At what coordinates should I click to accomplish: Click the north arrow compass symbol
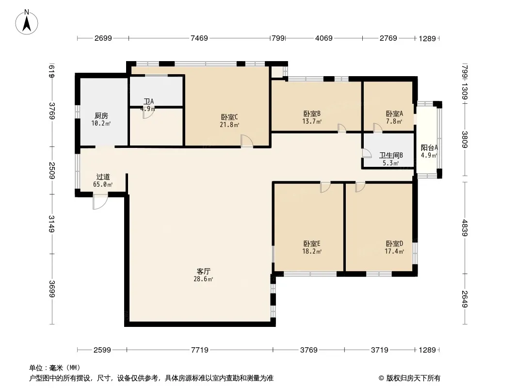click(x=27, y=22)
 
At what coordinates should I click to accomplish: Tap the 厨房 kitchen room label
click(x=101, y=116)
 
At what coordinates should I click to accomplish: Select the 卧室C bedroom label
click(x=229, y=117)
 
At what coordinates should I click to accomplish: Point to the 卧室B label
click(x=312, y=113)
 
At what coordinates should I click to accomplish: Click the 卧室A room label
click(x=394, y=113)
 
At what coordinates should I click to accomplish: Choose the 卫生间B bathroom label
click(x=391, y=155)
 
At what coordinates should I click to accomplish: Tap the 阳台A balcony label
click(x=429, y=148)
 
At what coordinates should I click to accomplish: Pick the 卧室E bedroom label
click(x=312, y=243)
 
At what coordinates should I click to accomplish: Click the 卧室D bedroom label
click(x=394, y=243)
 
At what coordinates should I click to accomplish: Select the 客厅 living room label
click(x=203, y=271)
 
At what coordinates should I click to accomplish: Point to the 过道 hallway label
click(x=103, y=177)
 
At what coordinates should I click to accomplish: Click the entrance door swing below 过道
click(x=100, y=202)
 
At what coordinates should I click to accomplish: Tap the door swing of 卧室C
click(x=247, y=141)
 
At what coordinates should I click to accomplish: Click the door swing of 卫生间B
click(x=367, y=154)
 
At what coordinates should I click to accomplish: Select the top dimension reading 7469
click(x=199, y=38)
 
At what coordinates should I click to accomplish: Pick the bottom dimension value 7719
click(x=200, y=350)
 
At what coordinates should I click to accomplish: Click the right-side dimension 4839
click(x=465, y=228)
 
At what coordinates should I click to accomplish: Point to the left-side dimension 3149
click(x=51, y=224)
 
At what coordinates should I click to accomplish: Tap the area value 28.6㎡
click(x=203, y=279)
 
